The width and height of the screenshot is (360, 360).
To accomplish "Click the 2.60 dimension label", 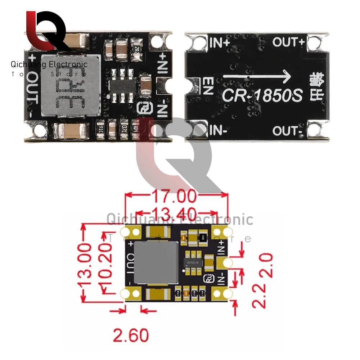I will [131, 335].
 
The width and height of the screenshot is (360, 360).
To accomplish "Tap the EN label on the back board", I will [208, 86].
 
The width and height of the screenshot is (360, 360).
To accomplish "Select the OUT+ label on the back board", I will [288, 42].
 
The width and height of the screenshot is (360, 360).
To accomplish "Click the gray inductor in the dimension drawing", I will [156, 262].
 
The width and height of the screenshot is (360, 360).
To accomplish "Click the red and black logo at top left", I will [45, 31].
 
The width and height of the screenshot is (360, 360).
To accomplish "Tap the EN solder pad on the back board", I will [193, 85].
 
